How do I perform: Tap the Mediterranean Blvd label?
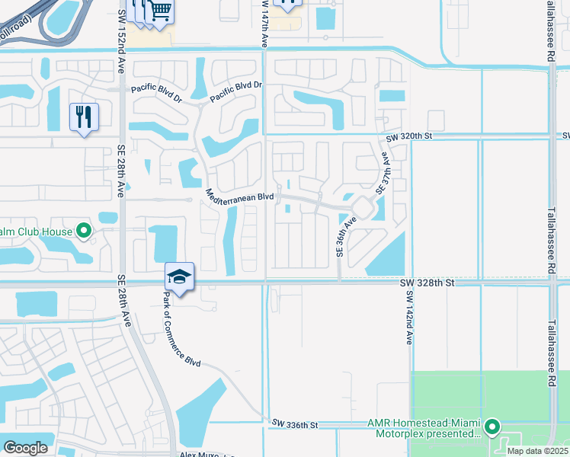tap(239, 197)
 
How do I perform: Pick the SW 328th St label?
tap(427, 283)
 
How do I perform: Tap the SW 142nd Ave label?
tap(409, 317)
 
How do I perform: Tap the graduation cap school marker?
tap(179, 276)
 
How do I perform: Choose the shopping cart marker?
tap(160, 11)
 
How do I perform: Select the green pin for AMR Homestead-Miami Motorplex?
tap(492, 427)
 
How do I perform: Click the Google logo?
tap(25, 448)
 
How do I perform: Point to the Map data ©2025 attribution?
tap(536, 451)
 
